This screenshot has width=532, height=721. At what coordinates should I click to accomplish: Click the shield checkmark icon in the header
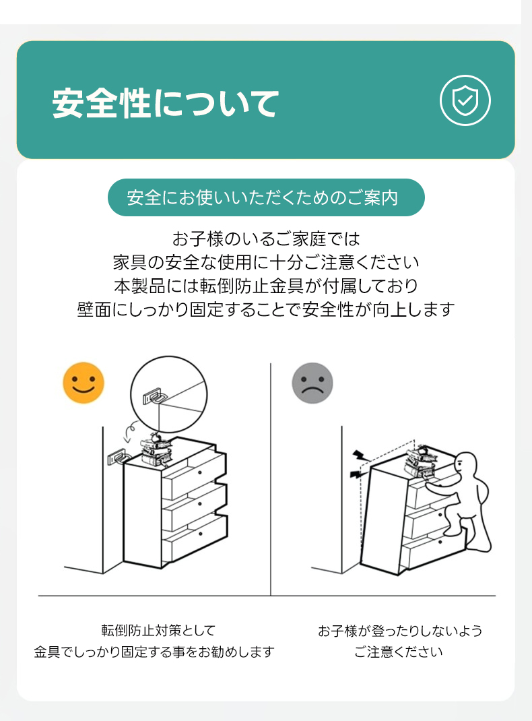pyautogui.click(x=465, y=100)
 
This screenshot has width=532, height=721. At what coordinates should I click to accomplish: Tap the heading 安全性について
pyautogui.click(x=166, y=103)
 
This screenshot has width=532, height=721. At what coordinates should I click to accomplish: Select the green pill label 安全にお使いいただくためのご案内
pyautogui.click(x=266, y=197)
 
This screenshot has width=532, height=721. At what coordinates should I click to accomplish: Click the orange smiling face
pyautogui.click(x=84, y=383)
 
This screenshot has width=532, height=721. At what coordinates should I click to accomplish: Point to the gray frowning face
pyautogui.click(x=312, y=383)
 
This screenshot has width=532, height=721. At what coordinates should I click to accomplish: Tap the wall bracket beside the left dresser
pyautogui.click(x=117, y=457)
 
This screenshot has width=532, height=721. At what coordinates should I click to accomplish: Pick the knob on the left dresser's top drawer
pyautogui.click(x=200, y=472)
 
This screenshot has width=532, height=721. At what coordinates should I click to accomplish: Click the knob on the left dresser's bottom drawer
pyautogui.click(x=200, y=533)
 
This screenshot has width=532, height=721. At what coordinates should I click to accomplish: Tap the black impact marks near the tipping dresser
pyautogui.click(x=356, y=464)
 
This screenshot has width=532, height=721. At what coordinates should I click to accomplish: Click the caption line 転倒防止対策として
pyautogui.click(x=158, y=630)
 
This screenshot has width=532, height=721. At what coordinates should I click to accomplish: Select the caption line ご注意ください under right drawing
pyautogui.click(x=399, y=652)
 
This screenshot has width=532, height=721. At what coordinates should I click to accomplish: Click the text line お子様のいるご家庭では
pyautogui.click(x=266, y=239)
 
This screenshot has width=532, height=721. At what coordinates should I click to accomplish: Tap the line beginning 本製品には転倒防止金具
pyautogui.click(x=266, y=286)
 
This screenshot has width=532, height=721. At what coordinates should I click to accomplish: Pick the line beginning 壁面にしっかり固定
pyautogui.click(x=266, y=309)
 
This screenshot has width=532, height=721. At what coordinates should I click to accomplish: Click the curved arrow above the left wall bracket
pyautogui.click(x=129, y=432)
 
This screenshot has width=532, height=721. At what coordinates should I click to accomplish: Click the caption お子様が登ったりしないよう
pyautogui.click(x=400, y=631)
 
